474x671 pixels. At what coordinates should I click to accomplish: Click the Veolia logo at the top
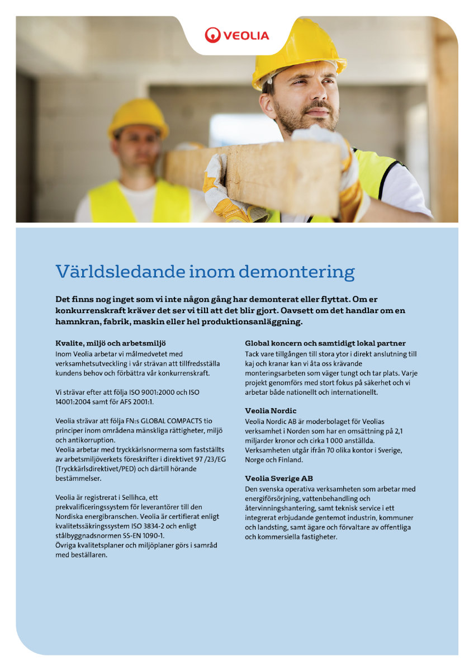(x=236, y=35)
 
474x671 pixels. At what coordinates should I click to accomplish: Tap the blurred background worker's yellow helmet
(x=138, y=118)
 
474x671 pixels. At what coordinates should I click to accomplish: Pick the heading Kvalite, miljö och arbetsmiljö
(x=111, y=343)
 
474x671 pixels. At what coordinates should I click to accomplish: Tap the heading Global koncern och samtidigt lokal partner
(x=325, y=343)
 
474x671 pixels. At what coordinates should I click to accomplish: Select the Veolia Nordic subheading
(x=271, y=410)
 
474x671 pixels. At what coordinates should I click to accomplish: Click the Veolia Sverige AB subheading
(x=279, y=478)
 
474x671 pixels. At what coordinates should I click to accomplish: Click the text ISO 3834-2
(x=160, y=526)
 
